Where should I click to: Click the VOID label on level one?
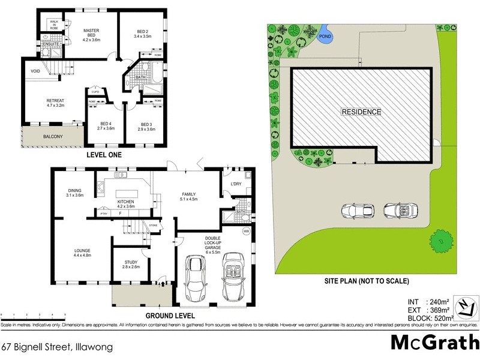coord(35,71)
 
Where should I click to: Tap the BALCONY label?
coord(53,137)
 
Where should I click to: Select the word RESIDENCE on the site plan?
coord(361,112)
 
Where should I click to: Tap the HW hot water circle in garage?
coord(246,232)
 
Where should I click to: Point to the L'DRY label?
coord(236,184)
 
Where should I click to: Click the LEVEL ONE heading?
coord(104,155)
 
